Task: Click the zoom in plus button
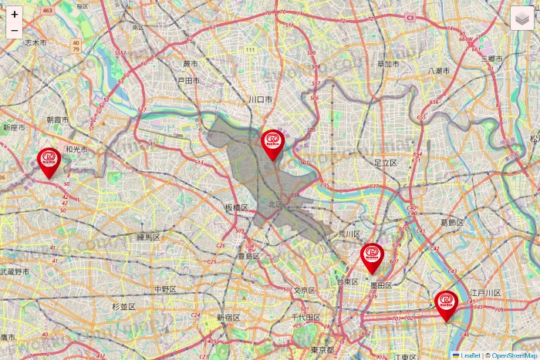(15, 14)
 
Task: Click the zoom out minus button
(15, 31)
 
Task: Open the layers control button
(522, 18)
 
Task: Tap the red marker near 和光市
(49, 161)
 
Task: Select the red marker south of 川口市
(272, 143)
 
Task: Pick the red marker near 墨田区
(372, 257)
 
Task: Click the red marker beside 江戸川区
(446, 304)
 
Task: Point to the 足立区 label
(384, 163)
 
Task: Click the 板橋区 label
(236, 208)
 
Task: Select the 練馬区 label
(147, 237)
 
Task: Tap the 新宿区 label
(228, 318)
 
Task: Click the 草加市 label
(388, 64)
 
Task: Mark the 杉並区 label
(123, 307)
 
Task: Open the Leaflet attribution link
(470, 355)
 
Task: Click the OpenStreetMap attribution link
(515, 355)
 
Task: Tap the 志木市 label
(35, 42)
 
